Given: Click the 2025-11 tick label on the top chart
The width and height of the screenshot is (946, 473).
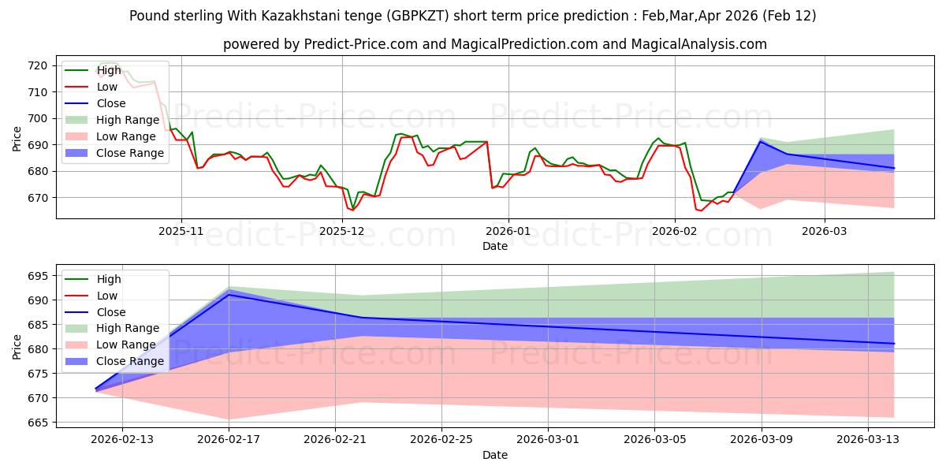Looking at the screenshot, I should [181, 231].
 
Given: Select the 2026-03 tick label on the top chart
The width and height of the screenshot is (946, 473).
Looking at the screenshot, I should [825, 231].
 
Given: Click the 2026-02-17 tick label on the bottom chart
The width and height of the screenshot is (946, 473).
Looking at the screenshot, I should [229, 439].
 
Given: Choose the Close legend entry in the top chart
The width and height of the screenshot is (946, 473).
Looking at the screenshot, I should [110, 103].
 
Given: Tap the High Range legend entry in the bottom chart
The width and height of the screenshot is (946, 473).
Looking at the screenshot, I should [128, 328].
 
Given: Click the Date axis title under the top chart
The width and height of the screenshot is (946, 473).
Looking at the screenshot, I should [495, 246].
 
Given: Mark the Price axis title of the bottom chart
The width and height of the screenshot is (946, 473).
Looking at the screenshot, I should [17, 346].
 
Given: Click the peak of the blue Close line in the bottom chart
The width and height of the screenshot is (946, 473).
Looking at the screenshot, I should [229, 294].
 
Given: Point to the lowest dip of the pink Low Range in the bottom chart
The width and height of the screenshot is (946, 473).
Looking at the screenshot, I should [229, 419].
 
